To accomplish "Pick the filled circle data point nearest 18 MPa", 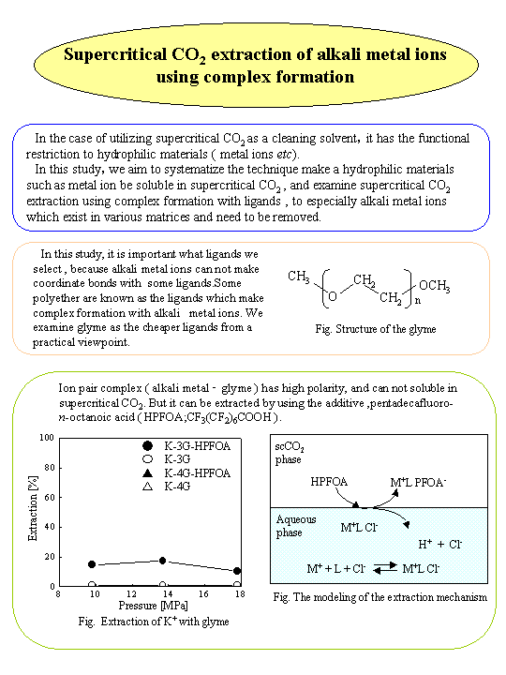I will pyautogui.click(x=238, y=571).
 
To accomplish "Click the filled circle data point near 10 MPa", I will pyautogui.click(x=92, y=564).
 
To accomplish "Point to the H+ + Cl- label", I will pyautogui.click(x=439, y=543).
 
